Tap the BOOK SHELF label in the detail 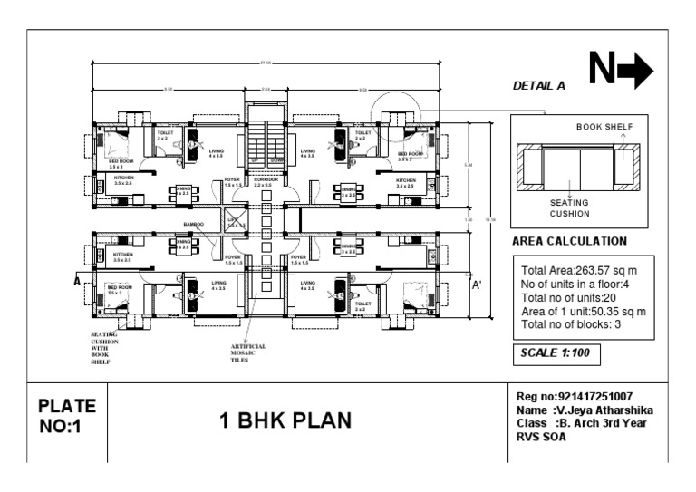click(x=605, y=127)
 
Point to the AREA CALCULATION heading click(x=569, y=242)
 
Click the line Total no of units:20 click(x=569, y=297)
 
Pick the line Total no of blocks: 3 click(x=572, y=323)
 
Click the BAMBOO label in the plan click(x=194, y=223)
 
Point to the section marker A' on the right click(x=477, y=284)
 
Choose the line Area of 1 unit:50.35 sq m click(x=583, y=311)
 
